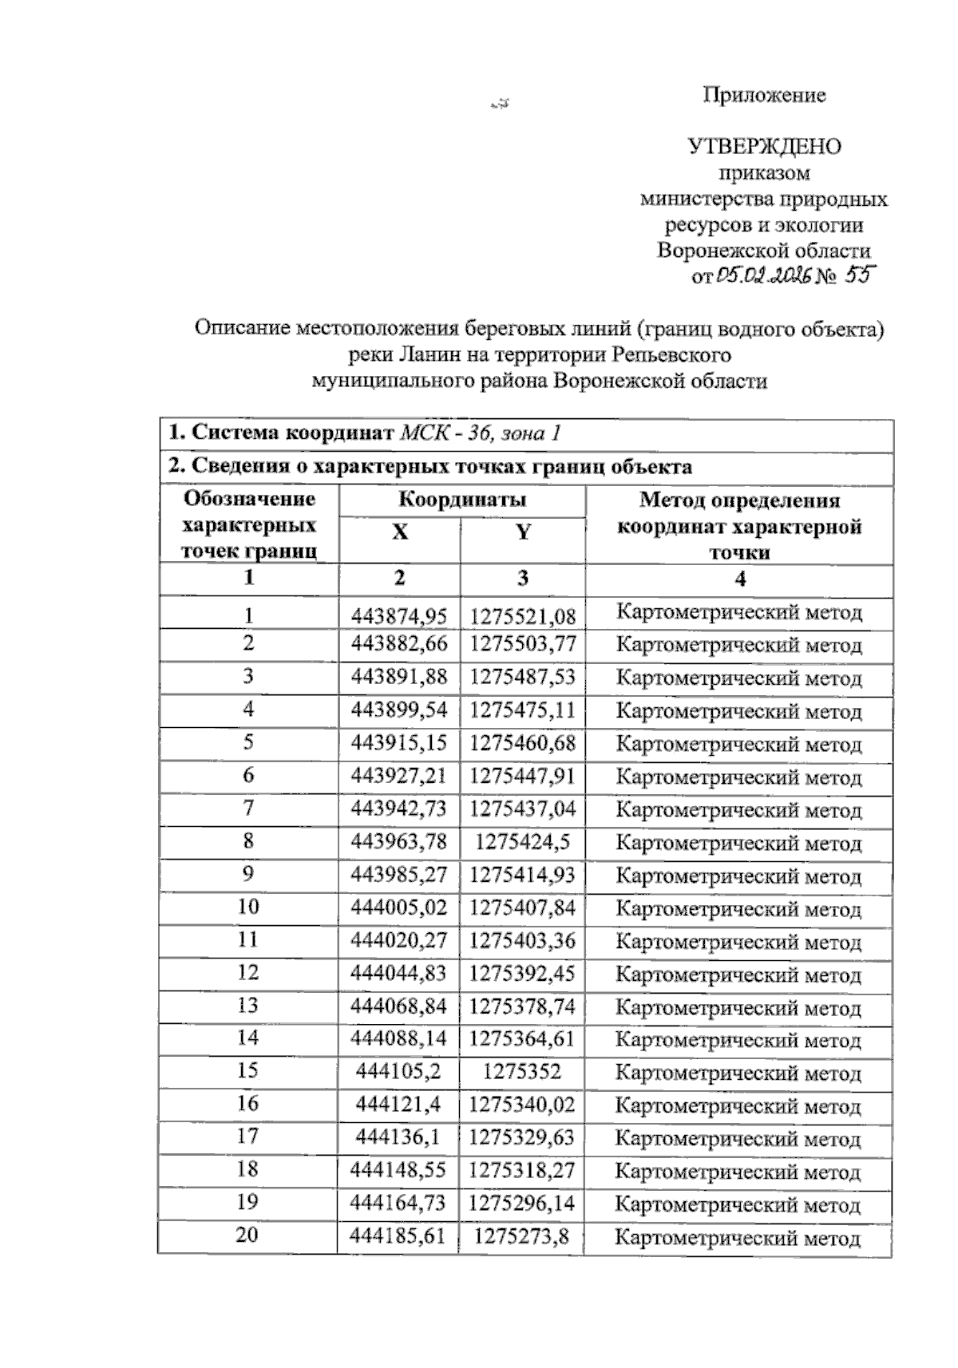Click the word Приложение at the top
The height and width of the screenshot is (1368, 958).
(764, 96)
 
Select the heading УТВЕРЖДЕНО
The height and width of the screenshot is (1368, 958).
(764, 147)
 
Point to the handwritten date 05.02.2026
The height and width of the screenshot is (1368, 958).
(764, 276)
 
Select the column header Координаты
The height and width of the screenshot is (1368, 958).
(462, 500)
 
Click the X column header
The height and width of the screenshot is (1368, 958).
(399, 532)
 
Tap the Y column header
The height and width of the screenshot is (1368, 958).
(523, 532)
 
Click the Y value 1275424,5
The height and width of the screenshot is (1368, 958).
(523, 842)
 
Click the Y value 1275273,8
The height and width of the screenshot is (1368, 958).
(523, 1236)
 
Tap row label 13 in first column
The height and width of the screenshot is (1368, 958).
(248, 1005)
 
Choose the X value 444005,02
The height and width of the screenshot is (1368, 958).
(399, 907)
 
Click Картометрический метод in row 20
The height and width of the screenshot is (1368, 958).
(738, 1238)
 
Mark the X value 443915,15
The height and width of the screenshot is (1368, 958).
(399, 743)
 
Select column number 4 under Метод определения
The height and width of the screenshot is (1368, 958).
(740, 579)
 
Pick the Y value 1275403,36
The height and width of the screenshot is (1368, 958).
(523, 940)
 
